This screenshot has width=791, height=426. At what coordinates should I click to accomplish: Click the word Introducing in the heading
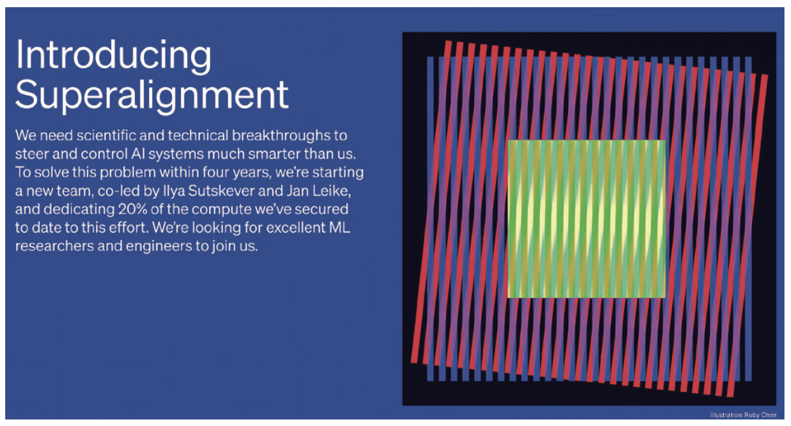coord(113,55)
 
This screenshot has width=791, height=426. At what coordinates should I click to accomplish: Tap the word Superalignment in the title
coord(152,95)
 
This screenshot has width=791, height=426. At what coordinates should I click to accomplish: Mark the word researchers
coord(54,246)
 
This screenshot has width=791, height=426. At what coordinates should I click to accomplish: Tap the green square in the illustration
coord(586,219)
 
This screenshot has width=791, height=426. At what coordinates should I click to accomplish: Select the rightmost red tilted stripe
coord(746,235)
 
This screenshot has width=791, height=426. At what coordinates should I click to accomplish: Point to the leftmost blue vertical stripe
coord(430,219)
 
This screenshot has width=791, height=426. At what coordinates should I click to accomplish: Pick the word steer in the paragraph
coord(31,154)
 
